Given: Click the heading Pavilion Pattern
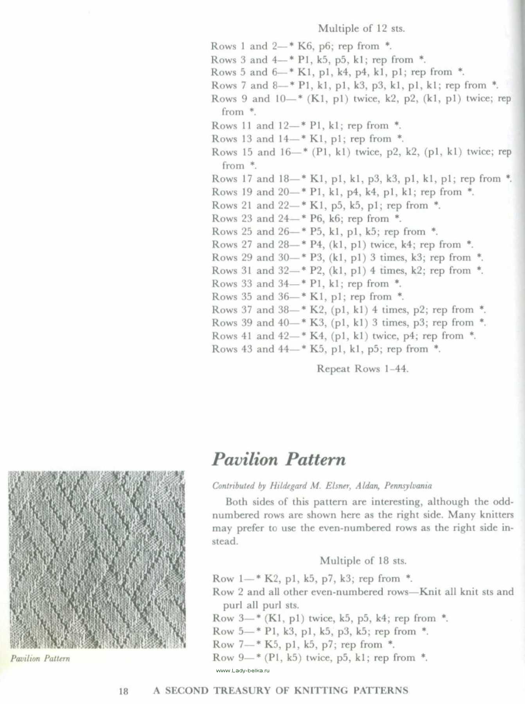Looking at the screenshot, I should click(x=279, y=460).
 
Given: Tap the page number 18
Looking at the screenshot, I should click(x=123, y=691).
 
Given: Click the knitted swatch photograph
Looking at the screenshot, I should click(x=97, y=559).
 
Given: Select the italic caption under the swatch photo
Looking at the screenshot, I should click(x=40, y=659).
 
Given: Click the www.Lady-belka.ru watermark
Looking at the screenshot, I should click(x=243, y=670).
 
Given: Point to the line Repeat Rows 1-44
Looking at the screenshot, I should click(x=362, y=369).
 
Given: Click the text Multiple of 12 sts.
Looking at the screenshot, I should click(x=361, y=29).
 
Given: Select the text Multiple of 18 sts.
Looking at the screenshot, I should click(x=363, y=561).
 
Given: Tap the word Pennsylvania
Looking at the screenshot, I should click(x=408, y=486).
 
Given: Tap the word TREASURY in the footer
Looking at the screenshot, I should click(x=242, y=691).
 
